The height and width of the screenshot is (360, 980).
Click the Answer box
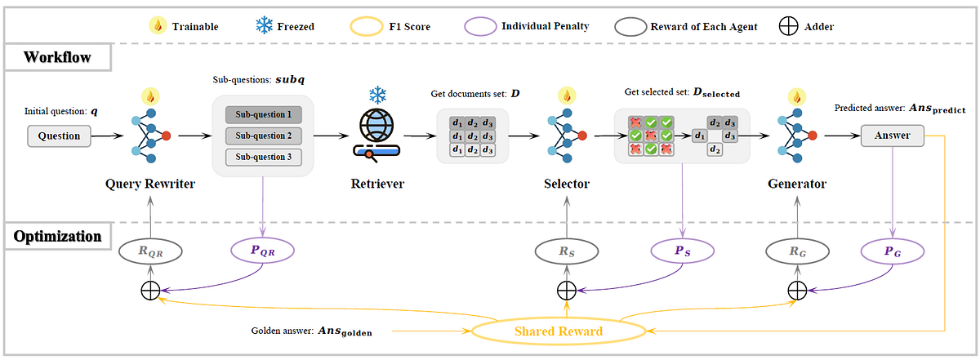[x=897, y=136]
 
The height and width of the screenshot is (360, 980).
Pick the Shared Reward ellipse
[x=559, y=331]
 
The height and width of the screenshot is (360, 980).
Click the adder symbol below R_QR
[x=151, y=289]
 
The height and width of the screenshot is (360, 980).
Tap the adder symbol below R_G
[x=797, y=289]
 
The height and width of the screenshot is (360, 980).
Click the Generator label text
[x=797, y=184]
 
